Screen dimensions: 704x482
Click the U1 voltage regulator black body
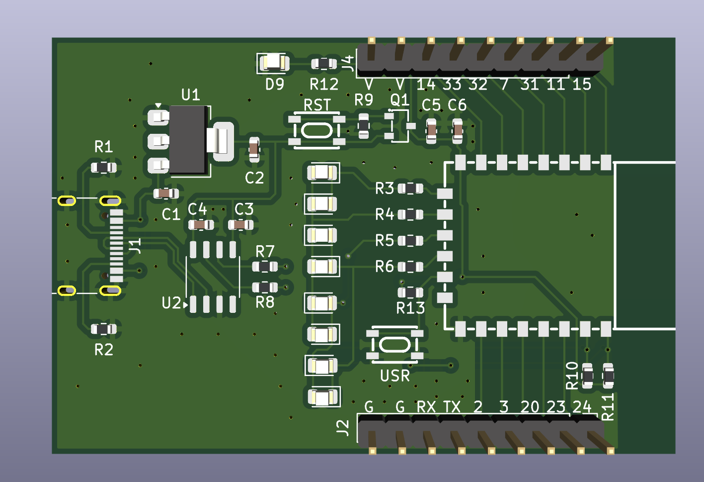point(188,139)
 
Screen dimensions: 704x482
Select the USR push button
point(395,345)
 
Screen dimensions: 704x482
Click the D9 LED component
point(273,63)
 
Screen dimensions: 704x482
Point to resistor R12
point(324,64)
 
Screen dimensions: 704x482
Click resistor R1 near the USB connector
point(104,167)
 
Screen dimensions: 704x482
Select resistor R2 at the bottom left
point(104,329)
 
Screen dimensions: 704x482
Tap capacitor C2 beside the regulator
point(254,149)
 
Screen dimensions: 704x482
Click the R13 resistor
point(410,292)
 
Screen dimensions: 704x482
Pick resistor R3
point(410,189)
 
